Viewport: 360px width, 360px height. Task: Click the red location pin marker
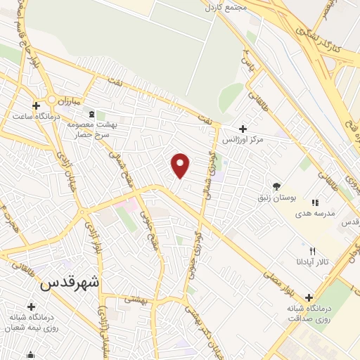point(181,166)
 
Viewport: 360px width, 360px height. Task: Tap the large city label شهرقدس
point(70,283)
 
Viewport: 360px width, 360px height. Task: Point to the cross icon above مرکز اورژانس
point(243,129)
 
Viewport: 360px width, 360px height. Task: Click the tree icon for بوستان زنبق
point(276,186)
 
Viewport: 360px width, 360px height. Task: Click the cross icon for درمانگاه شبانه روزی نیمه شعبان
point(31,307)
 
